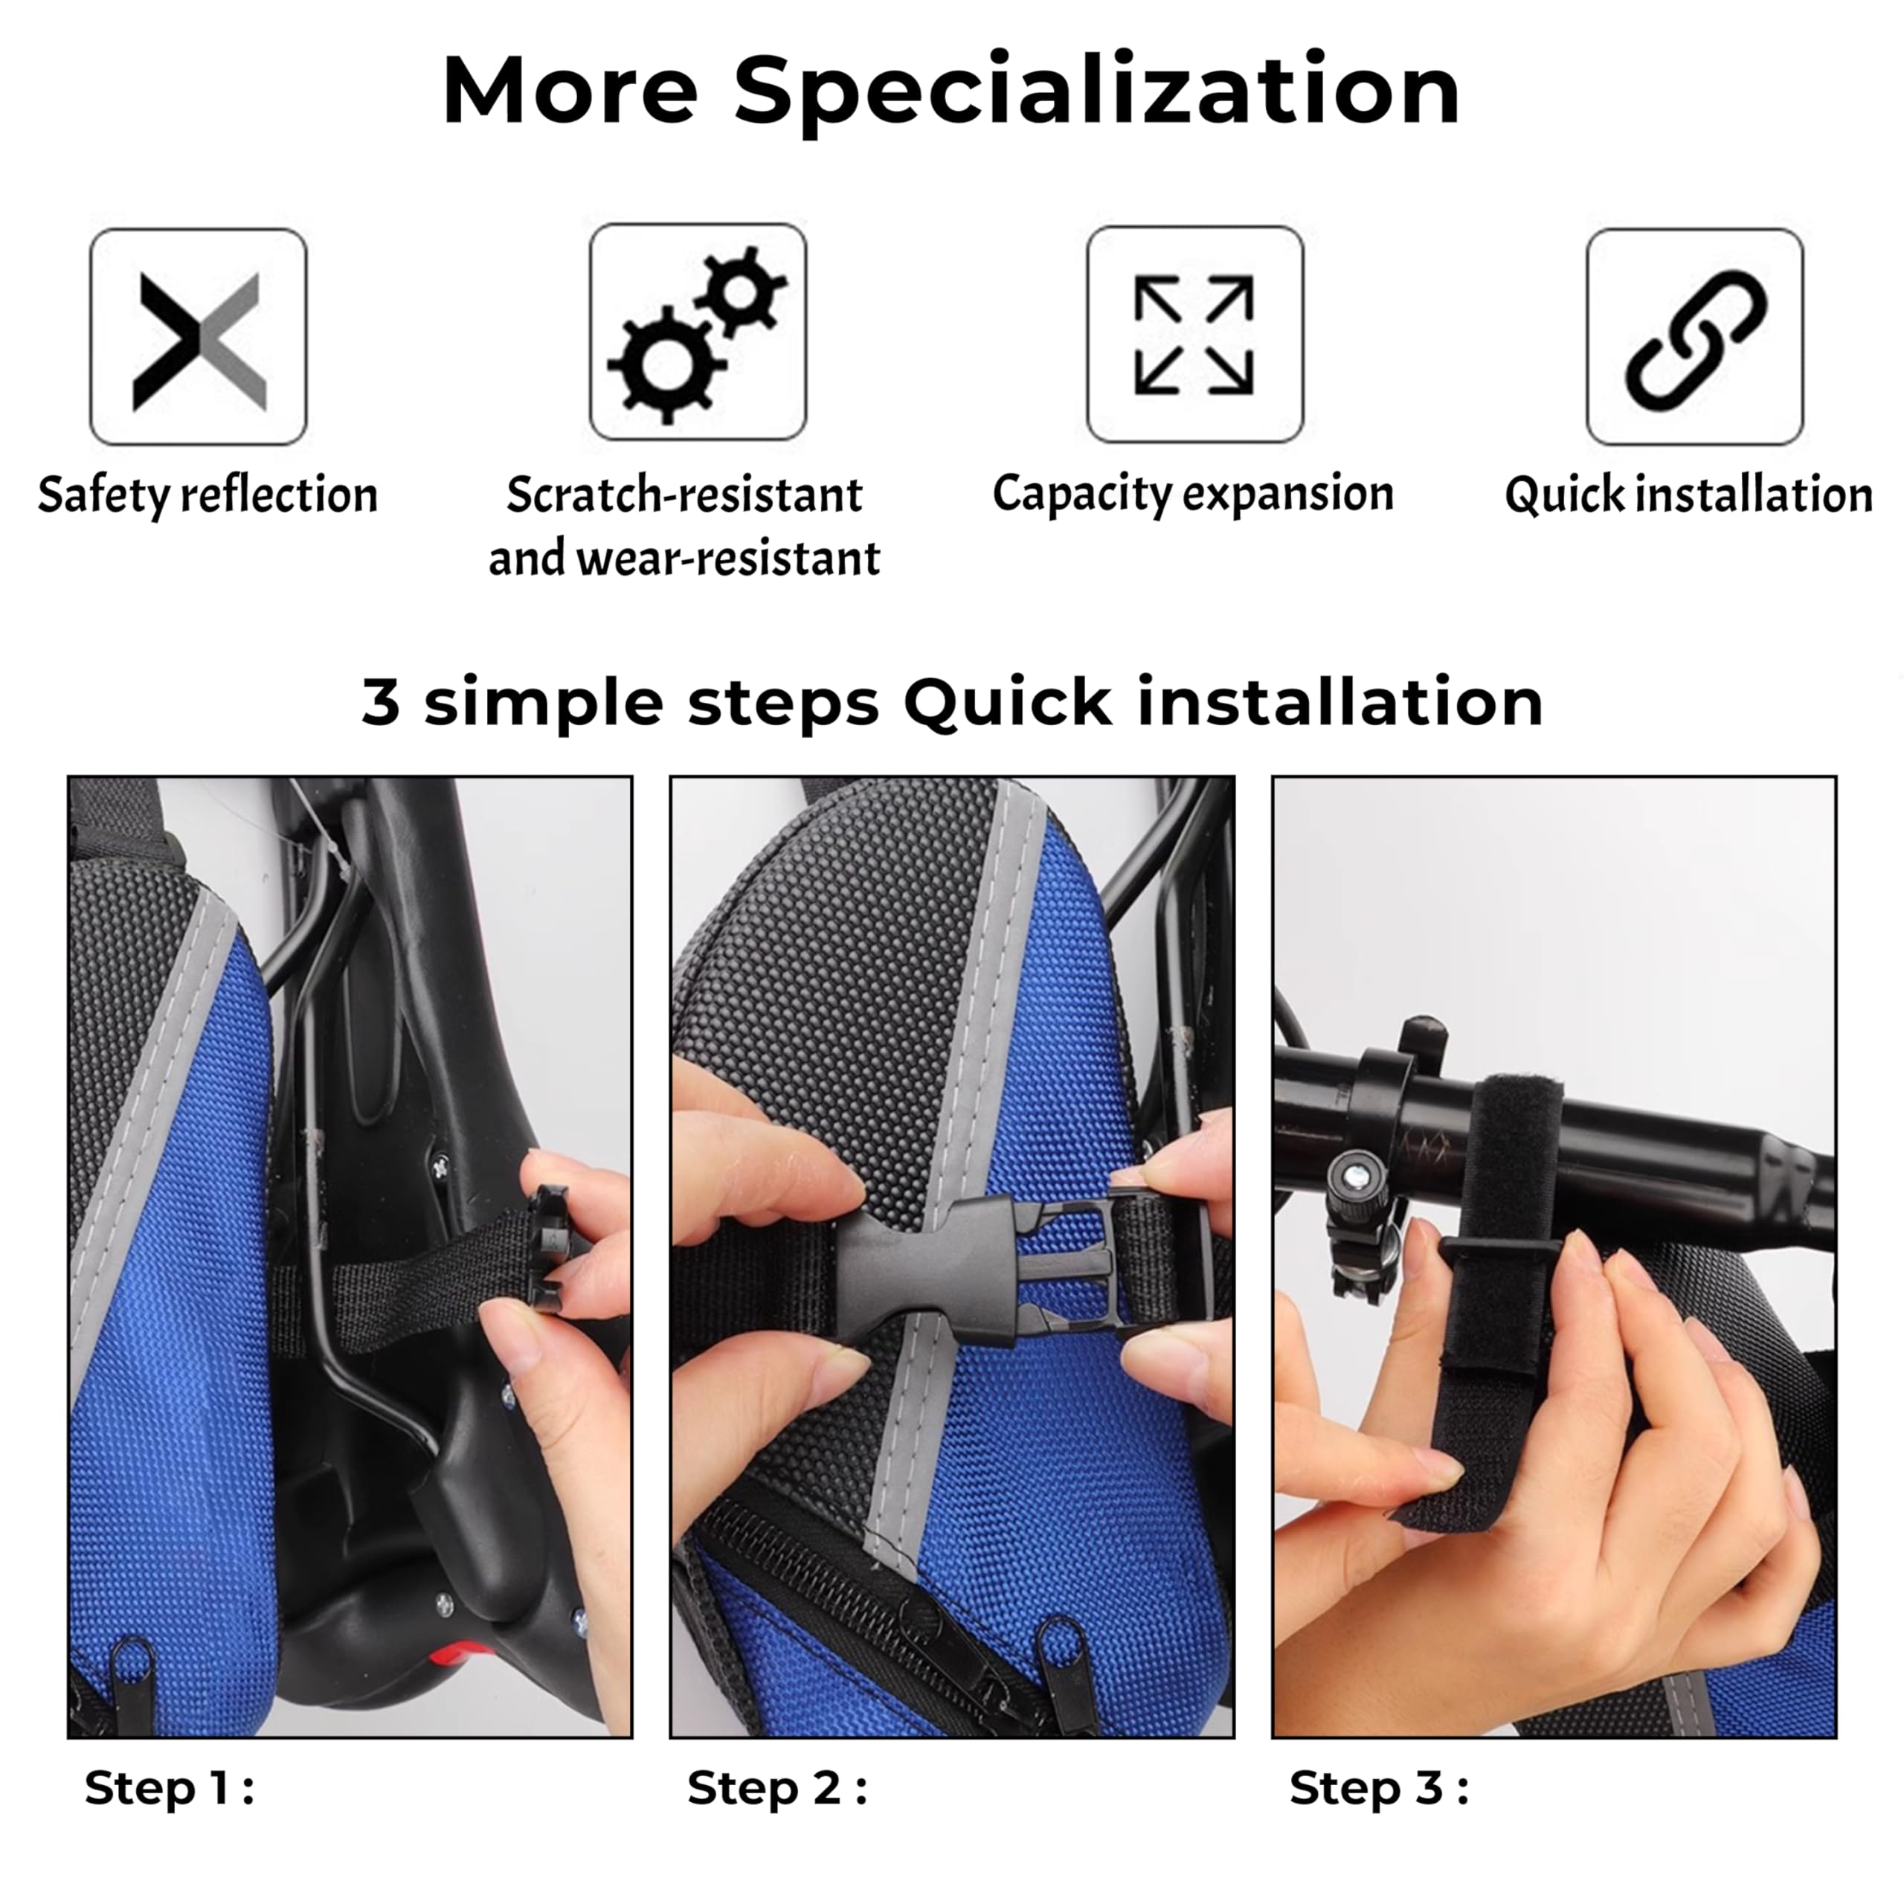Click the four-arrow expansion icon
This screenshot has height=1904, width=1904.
[x=1194, y=335]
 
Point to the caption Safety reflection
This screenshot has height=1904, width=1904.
[x=208, y=495]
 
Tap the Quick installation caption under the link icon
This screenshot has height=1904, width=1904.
[x=1688, y=495]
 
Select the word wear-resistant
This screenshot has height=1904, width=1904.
[x=728, y=558]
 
